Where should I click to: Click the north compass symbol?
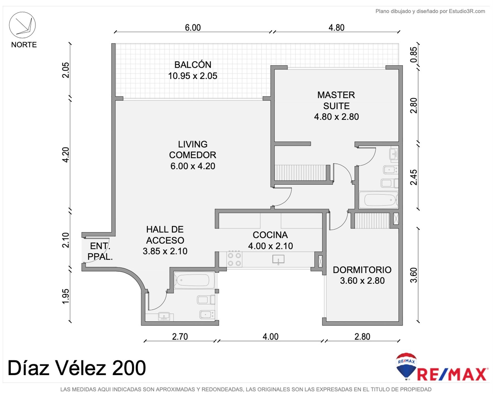click(x=22, y=25)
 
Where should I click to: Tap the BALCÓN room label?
click(x=193, y=65)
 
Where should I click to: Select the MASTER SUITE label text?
click(x=336, y=100)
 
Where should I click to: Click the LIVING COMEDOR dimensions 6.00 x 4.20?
click(x=193, y=166)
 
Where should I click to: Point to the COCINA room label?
click(x=270, y=235)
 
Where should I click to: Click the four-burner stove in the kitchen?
click(x=234, y=259)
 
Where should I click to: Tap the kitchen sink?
click(x=278, y=260)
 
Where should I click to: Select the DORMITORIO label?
click(x=362, y=270)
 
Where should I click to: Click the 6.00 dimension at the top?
click(x=193, y=27)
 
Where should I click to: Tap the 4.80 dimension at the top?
click(x=336, y=27)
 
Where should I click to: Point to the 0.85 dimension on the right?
click(x=414, y=55)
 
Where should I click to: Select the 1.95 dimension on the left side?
click(x=65, y=296)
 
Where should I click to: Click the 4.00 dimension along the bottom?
click(x=270, y=337)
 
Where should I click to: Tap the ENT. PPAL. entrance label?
click(x=100, y=251)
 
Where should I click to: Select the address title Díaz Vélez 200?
click(x=77, y=368)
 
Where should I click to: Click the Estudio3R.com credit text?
click(x=467, y=11)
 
